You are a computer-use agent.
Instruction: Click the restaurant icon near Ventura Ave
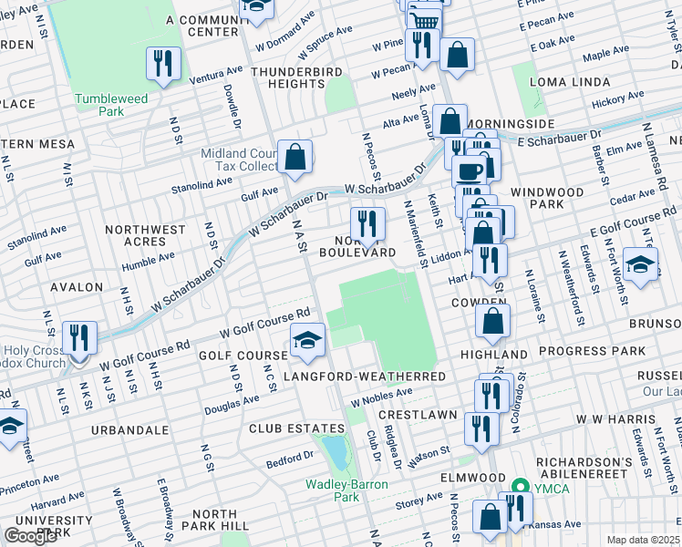tap(163, 63)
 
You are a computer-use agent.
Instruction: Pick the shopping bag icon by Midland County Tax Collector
tap(295, 157)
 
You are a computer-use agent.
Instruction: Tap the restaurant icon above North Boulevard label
tap(367, 223)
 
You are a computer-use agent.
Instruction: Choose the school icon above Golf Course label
tap(307, 342)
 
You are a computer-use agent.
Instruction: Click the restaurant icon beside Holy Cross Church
tap(81, 338)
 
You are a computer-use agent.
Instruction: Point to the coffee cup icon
tap(470, 171)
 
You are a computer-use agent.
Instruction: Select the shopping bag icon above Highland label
tap(492, 320)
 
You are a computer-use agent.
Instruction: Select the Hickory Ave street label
tap(618, 99)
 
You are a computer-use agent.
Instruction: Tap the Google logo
tap(30, 536)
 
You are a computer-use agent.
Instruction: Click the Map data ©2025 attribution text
tap(643, 540)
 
